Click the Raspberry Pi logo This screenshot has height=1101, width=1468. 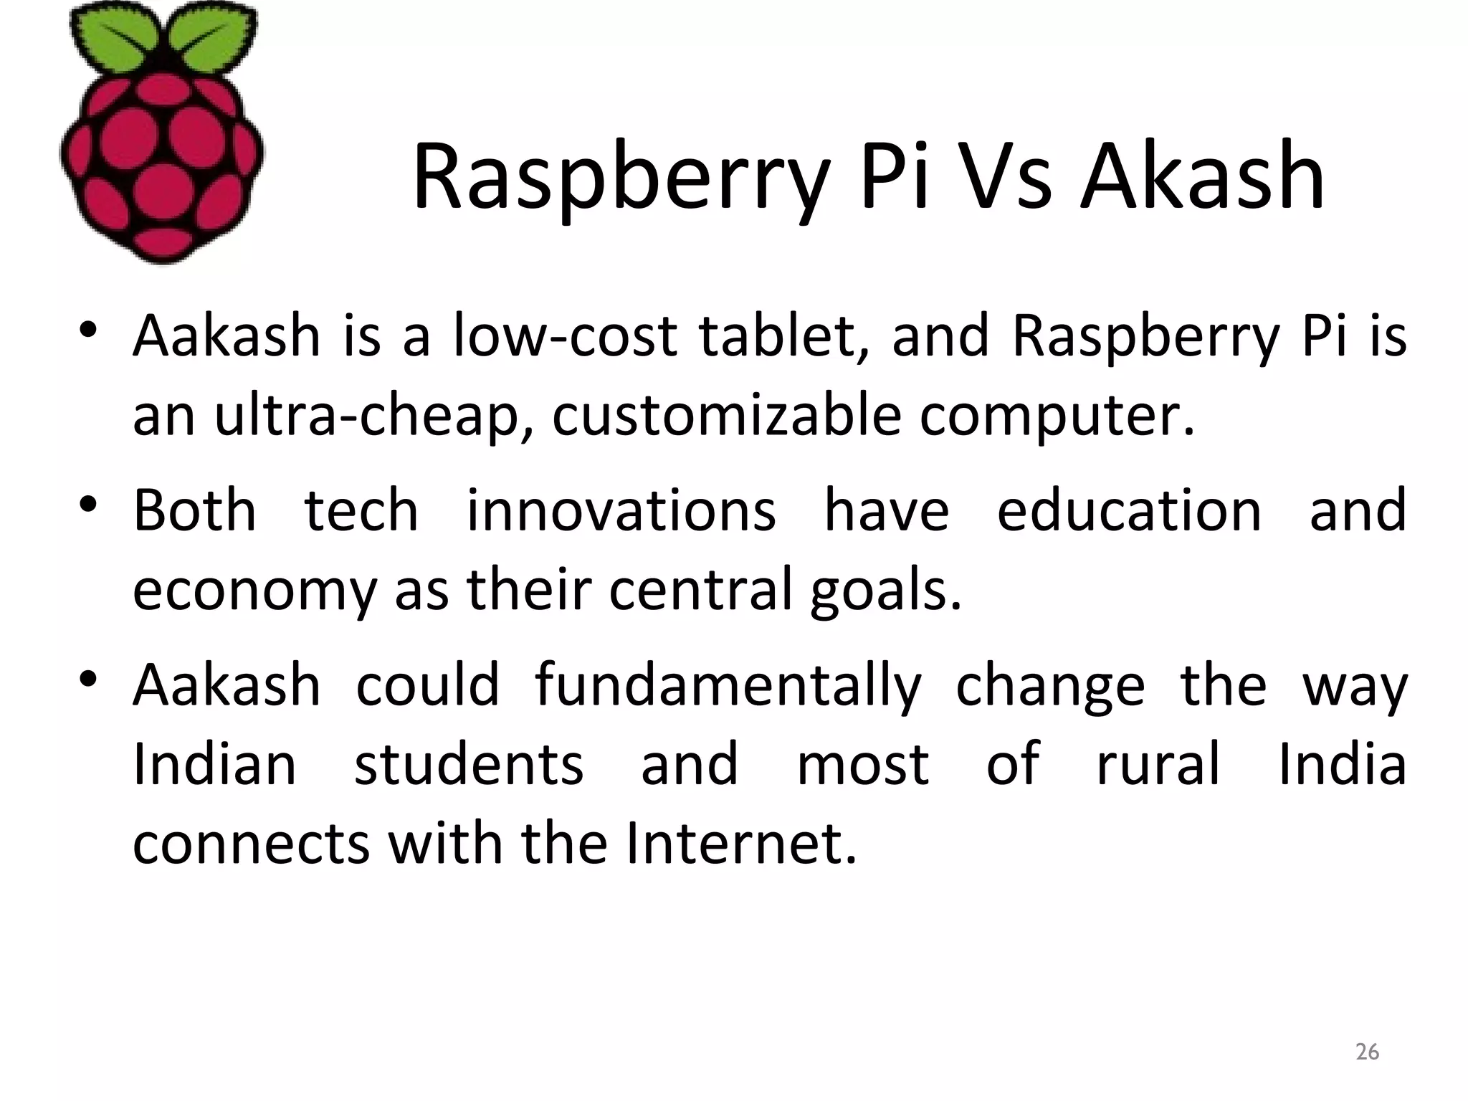tap(162, 133)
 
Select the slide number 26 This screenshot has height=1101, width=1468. tap(1367, 1052)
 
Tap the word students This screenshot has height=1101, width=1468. tap(469, 764)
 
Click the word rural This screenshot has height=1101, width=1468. tap(1158, 764)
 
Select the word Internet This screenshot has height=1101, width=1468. tap(740, 843)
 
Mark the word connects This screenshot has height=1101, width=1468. tap(251, 844)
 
